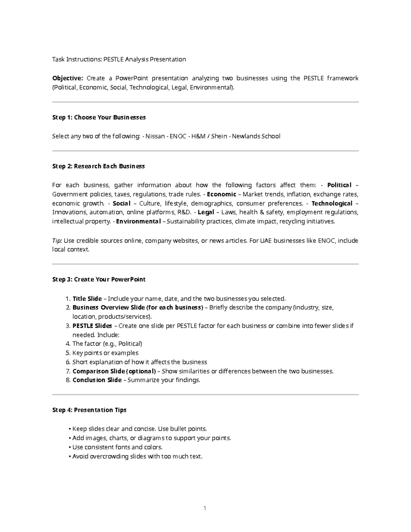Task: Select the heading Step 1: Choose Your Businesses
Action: (99, 117)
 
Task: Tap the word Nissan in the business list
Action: (155, 136)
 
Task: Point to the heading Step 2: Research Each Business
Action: (98, 166)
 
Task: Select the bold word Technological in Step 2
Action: (332, 203)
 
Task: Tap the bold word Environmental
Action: (138, 221)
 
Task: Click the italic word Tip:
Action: (57, 240)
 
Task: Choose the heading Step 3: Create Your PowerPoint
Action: (99, 280)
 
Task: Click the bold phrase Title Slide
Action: (87, 299)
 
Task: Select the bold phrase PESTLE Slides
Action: (92, 326)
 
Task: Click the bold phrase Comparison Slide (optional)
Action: (114, 371)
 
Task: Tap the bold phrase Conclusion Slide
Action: (97, 380)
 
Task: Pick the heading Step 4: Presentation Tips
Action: (89, 410)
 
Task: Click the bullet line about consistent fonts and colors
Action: (117, 447)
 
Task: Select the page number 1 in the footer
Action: (205, 508)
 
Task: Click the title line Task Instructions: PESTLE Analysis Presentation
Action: (119, 59)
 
